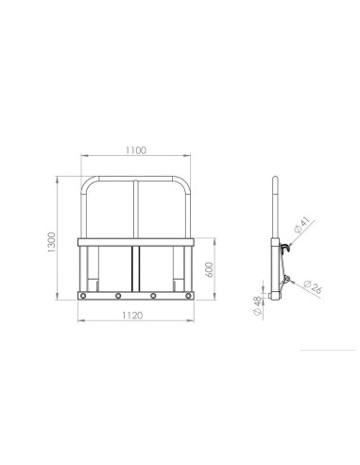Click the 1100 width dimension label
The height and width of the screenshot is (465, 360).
click(136, 150)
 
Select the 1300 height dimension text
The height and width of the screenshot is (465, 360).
click(51, 242)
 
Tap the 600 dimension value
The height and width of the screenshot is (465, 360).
click(209, 269)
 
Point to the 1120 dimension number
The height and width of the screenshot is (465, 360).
click(132, 315)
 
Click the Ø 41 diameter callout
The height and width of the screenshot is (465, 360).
click(301, 225)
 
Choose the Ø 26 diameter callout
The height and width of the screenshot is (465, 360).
click(313, 287)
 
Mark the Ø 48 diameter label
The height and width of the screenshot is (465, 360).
click(257, 305)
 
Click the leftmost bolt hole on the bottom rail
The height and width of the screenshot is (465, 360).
click(83, 296)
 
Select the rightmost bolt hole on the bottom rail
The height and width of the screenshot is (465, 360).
click(188, 296)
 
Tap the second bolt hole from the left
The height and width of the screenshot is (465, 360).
click(118, 296)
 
